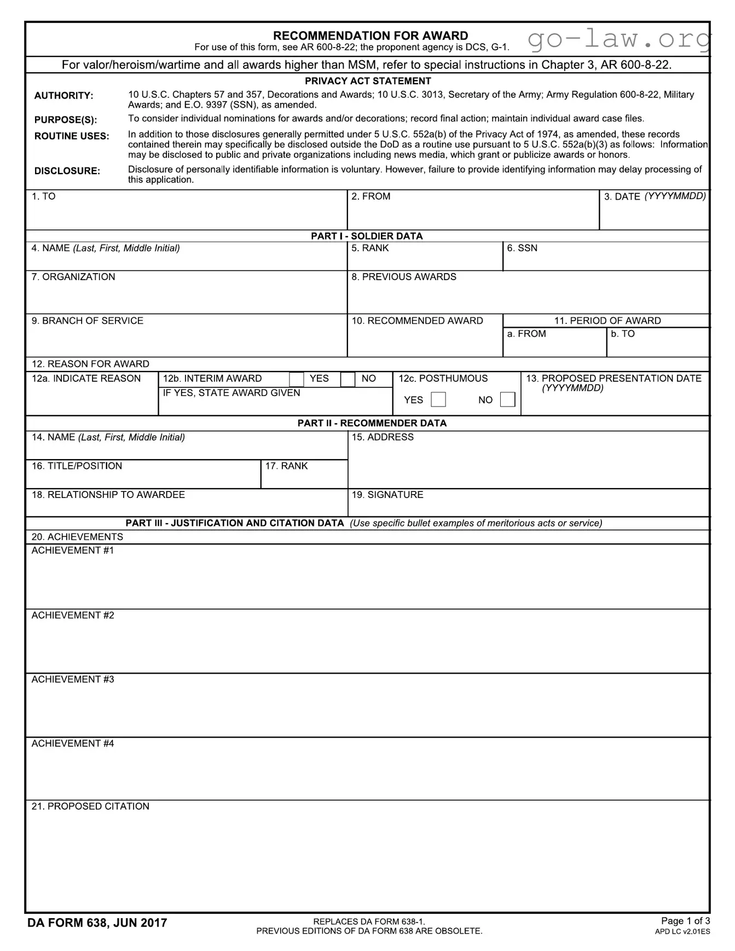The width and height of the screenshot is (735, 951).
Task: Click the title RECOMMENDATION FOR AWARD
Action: (370, 36)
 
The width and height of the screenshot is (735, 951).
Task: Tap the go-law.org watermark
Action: (618, 39)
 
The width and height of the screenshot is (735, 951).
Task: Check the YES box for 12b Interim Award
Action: (296, 379)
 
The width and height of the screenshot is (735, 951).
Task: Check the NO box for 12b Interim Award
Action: (348, 379)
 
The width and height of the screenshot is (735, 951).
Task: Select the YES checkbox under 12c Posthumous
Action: (438, 399)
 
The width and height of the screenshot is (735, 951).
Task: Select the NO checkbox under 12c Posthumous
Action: (507, 399)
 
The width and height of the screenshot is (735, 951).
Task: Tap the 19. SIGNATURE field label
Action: (387, 495)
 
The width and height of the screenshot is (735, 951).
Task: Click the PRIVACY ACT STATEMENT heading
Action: (368, 81)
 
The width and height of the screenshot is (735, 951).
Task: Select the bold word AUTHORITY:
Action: (63, 96)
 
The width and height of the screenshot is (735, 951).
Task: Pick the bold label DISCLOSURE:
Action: (67, 171)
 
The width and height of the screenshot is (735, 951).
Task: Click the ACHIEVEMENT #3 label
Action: (73, 680)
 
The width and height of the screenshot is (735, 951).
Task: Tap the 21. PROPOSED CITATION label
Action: (90, 807)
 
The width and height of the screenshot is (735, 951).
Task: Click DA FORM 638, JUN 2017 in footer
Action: (97, 923)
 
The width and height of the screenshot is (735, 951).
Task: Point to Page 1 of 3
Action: (685, 920)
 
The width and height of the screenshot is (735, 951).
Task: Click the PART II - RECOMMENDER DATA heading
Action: (372, 423)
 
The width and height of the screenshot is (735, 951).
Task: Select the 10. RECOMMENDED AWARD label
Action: (417, 321)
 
